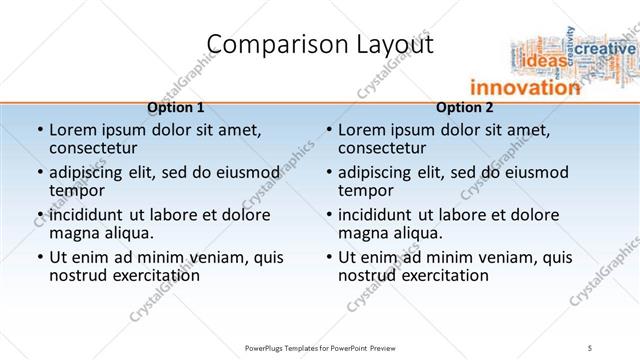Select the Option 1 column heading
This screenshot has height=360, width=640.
point(175,107)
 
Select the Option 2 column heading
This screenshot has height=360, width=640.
point(465,107)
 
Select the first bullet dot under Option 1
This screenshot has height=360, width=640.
point(39,130)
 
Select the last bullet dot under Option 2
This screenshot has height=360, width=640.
point(328,257)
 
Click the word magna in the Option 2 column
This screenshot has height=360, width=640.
point(361,233)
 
